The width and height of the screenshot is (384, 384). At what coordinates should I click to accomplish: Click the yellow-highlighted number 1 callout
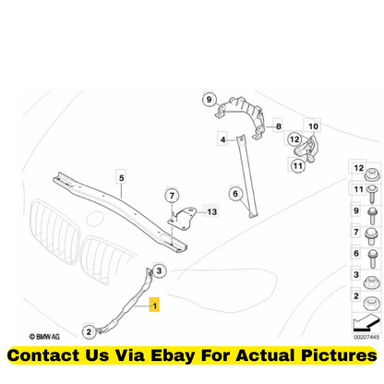154,305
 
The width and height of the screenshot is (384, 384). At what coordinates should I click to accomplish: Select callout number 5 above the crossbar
122,177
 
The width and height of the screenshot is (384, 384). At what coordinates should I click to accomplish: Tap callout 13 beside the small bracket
211,211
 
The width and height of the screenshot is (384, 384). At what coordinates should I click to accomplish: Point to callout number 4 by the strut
222,139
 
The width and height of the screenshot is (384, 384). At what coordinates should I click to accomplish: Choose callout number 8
279,126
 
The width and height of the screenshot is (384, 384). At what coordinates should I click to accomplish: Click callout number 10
313,126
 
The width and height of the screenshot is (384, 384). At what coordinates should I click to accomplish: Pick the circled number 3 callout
159,270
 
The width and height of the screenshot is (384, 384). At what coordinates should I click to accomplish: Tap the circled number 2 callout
89,331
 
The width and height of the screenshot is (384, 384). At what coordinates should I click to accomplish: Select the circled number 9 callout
210,100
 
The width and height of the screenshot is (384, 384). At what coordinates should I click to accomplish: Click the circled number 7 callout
172,196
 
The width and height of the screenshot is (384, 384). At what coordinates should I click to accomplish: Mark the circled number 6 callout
235,194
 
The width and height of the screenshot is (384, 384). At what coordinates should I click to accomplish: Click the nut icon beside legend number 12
372,174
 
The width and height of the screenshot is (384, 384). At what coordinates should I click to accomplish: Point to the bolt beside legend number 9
372,215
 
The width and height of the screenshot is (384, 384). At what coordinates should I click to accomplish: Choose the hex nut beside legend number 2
372,304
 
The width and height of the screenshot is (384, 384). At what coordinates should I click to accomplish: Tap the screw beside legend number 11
372,194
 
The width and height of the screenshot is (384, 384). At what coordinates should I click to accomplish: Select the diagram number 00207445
366,337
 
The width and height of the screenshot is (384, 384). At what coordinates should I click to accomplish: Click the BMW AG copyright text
44,337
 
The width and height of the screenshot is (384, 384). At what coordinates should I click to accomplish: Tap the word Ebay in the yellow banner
173,355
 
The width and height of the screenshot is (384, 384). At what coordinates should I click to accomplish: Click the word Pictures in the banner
339,355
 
